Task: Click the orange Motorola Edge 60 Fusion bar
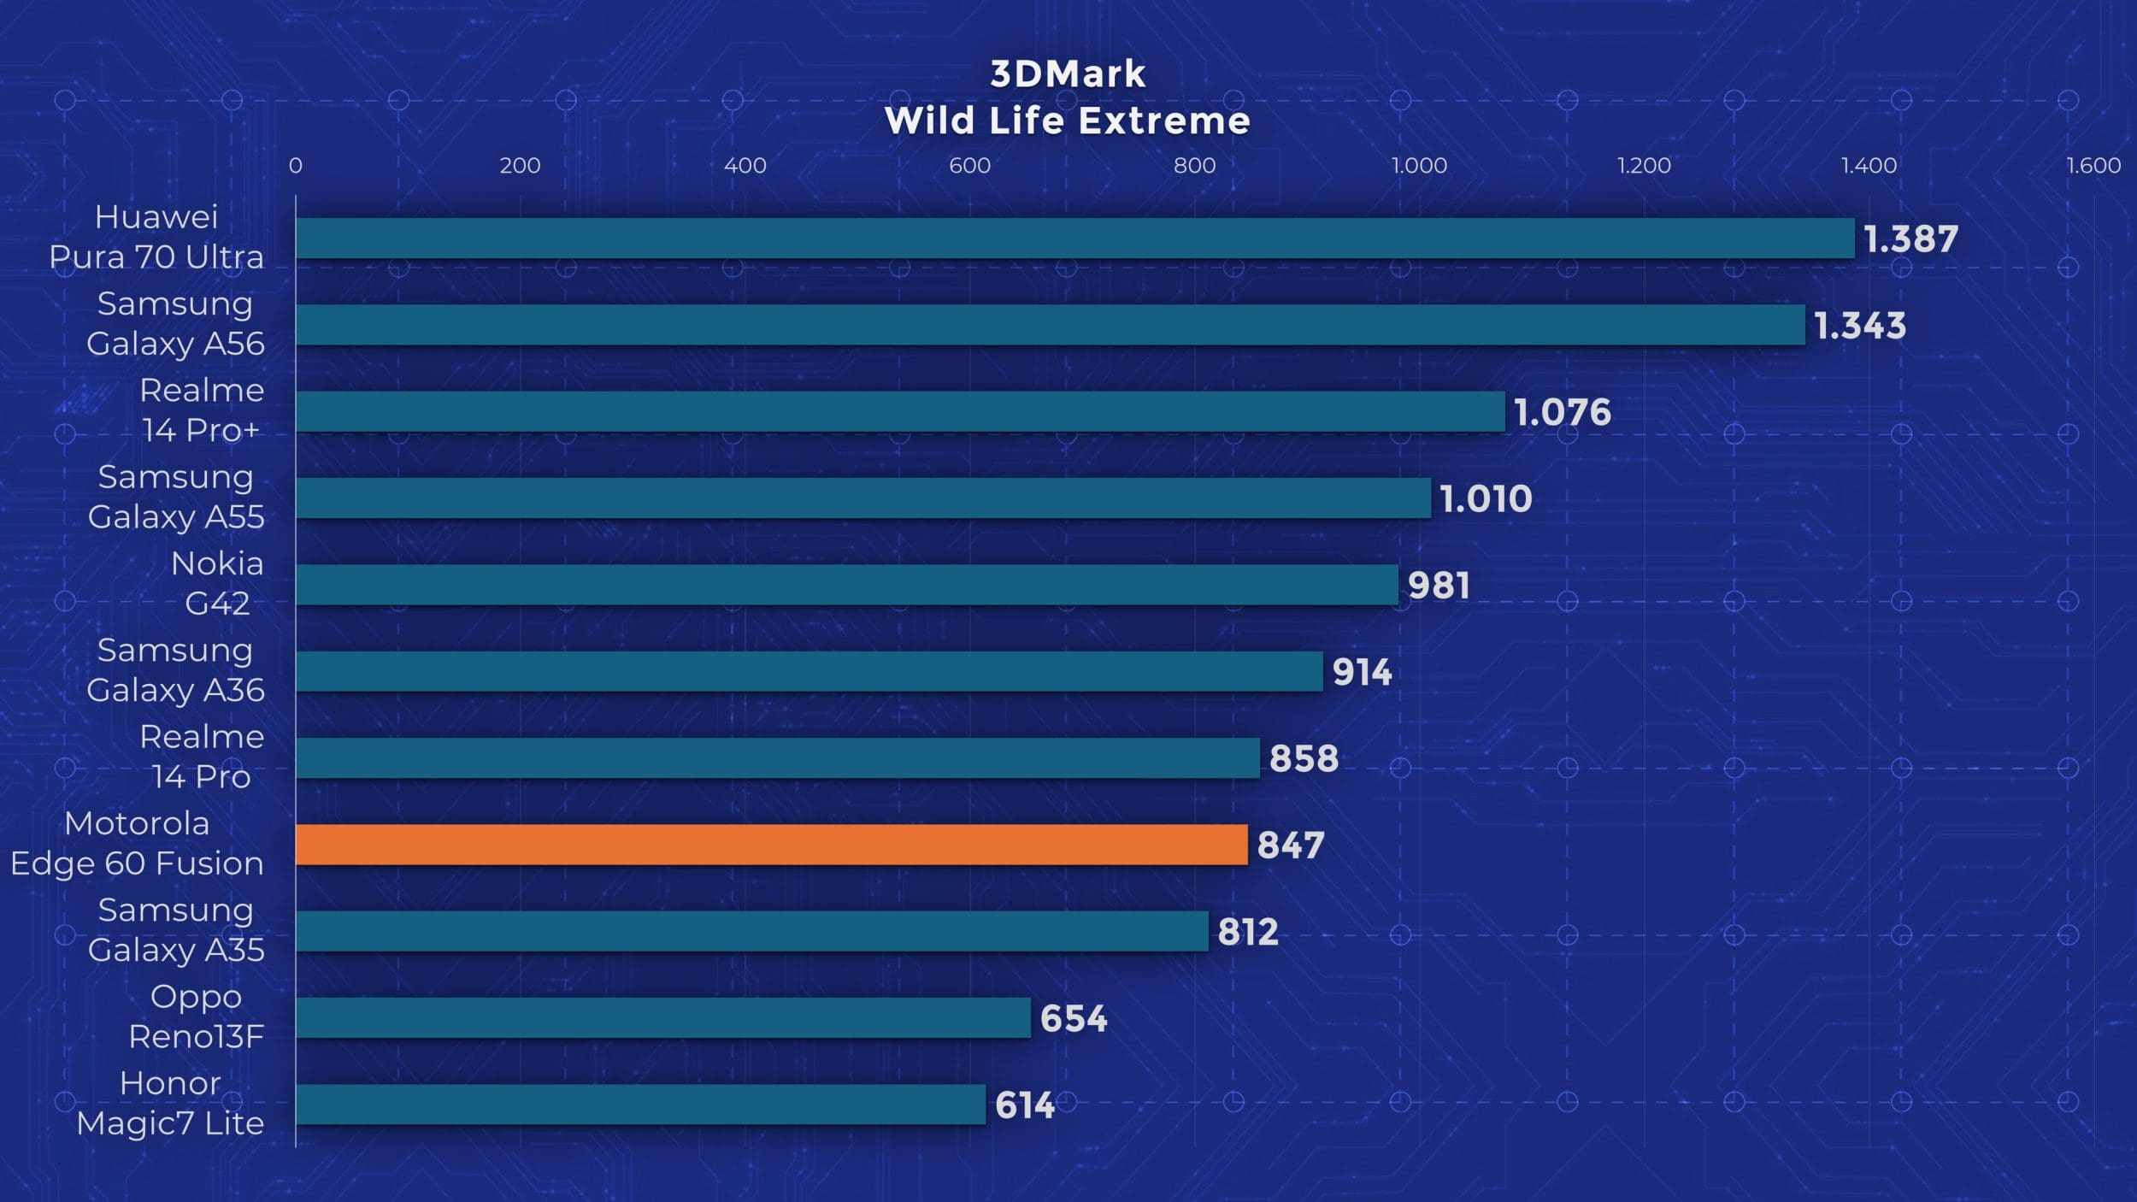[x=771, y=845]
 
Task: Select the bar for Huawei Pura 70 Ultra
[x=1074, y=239]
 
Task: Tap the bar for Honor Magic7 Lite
[x=640, y=1105]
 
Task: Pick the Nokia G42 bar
[x=846, y=585]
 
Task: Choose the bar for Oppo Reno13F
[x=663, y=1017]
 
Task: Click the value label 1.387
[x=1910, y=239]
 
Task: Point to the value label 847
[x=1291, y=846]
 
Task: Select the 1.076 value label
[x=1562, y=412]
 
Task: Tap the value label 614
[x=1024, y=1105]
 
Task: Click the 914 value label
[x=1362, y=672]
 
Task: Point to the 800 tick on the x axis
[x=1194, y=166]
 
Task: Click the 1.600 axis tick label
[x=2093, y=166]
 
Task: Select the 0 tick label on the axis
[x=295, y=166]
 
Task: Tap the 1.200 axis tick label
[x=1644, y=166]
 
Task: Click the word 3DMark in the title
[x=1068, y=74]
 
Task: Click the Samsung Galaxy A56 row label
[x=175, y=324]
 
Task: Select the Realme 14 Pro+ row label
[x=202, y=410]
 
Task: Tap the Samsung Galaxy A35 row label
[x=176, y=930]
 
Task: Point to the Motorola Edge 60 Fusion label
[x=137, y=844]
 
